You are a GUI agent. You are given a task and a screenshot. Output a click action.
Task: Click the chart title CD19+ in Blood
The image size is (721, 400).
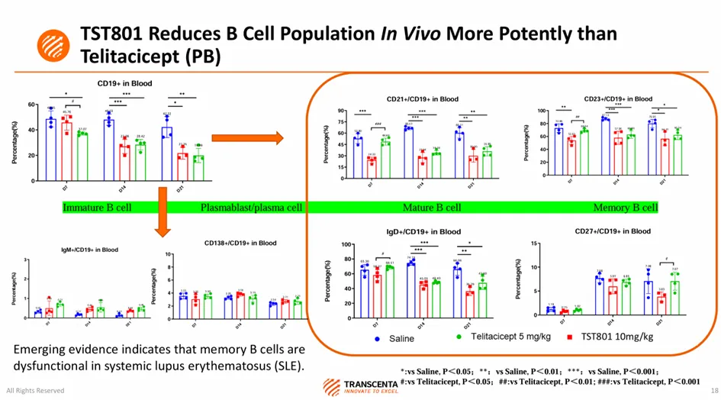pyautogui.click(x=124, y=82)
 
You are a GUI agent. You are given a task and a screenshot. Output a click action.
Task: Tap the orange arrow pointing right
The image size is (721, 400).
pyautogui.click(x=246, y=138)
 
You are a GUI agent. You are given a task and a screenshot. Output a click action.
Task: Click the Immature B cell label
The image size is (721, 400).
pyautogui.click(x=97, y=208)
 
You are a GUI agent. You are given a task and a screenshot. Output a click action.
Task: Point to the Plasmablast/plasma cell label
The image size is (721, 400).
pyautogui.click(x=252, y=208)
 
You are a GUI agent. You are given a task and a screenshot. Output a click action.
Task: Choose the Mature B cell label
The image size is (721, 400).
pyautogui.click(x=432, y=208)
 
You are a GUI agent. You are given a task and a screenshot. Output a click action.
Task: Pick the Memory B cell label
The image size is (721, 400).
pyautogui.click(x=625, y=208)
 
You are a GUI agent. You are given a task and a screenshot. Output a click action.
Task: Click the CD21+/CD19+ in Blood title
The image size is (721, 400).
pyautogui.click(x=422, y=98)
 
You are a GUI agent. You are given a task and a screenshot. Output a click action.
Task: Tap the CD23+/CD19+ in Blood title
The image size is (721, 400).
pyautogui.click(x=618, y=98)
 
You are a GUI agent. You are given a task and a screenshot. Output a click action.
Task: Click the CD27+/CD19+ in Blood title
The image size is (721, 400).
pyautogui.click(x=613, y=231)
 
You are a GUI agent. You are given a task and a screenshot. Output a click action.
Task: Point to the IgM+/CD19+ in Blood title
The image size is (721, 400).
pyautogui.click(x=89, y=250)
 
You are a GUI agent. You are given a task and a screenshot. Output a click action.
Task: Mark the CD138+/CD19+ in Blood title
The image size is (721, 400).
pyautogui.click(x=240, y=243)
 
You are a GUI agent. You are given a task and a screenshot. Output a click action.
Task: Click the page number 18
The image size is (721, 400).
pyautogui.click(x=713, y=390)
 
